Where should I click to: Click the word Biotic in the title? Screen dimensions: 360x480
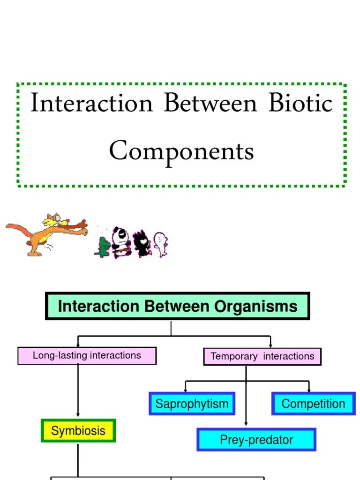300,103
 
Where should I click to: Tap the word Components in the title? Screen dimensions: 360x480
181,151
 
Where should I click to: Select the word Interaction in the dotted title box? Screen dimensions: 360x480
91,103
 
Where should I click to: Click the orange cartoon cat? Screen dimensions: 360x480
46,234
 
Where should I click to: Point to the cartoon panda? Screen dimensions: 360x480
121,242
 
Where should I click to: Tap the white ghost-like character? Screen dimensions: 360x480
161,244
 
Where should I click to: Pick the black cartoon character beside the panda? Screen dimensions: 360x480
142,243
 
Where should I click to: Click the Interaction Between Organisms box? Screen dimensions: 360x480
178,306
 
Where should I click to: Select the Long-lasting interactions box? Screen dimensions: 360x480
87,356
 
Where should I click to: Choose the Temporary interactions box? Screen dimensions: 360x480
262,356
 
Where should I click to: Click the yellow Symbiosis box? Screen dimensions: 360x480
78,431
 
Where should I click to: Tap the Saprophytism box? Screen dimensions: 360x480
192,404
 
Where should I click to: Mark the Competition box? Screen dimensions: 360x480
314,404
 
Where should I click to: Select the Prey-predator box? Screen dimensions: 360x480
256,440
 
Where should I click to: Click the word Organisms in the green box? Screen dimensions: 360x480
255,307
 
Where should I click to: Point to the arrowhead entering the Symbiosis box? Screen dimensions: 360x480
78,414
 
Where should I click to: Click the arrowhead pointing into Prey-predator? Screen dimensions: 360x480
246,423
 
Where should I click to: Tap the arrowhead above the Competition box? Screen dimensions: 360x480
309,390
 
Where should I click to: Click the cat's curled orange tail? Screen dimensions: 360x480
18,229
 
